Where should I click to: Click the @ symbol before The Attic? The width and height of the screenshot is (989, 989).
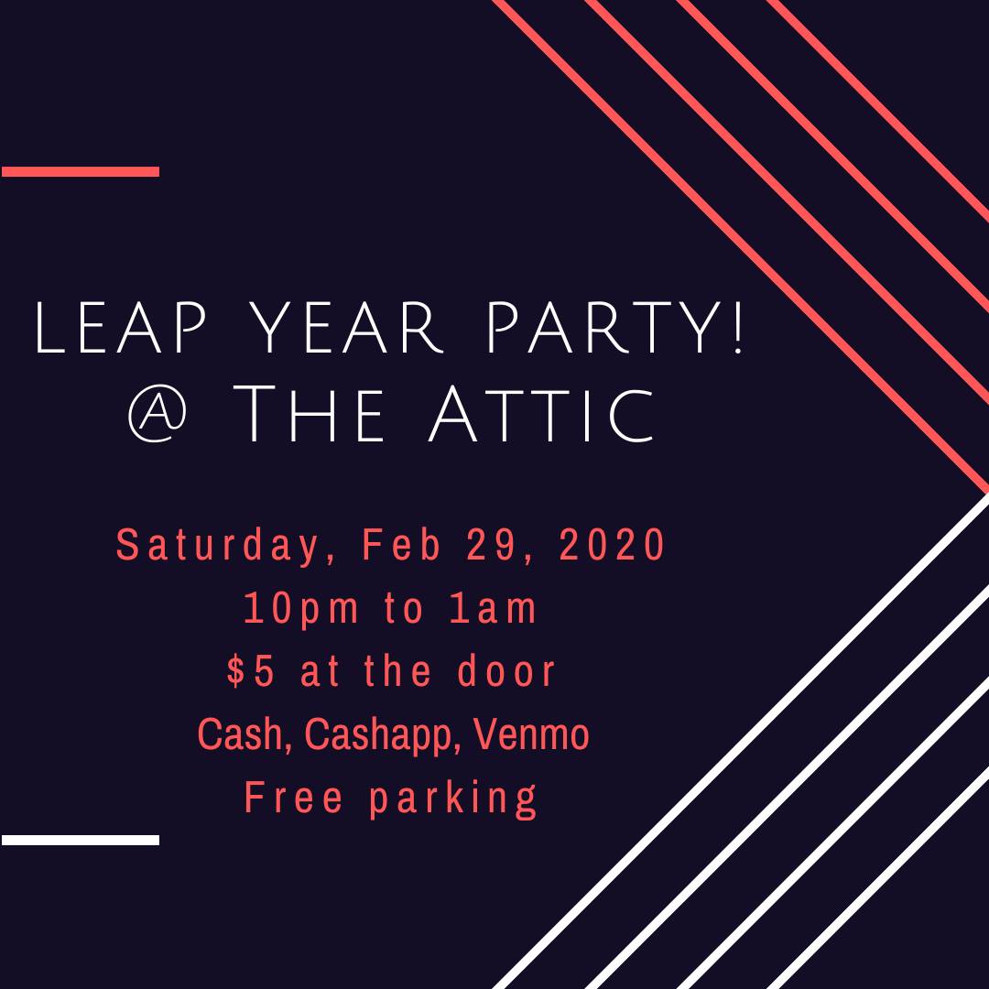tap(158, 415)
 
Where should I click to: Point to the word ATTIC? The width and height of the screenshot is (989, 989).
tap(541, 415)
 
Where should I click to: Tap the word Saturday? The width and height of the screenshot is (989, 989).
tap(219, 546)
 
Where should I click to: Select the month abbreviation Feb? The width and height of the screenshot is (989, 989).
tap(401, 544)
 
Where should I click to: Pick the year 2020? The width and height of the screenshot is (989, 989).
tap(612, 544)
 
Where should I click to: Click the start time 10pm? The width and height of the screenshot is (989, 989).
tap(301, 609)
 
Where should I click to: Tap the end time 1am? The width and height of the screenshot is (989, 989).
tap(493, 608)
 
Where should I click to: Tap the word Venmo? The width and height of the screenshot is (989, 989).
tap(531, 734)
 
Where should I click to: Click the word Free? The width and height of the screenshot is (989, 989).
tap(293, 797)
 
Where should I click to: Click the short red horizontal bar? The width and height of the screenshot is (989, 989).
tap(80, 171)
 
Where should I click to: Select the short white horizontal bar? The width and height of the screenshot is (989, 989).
tap(80, 840)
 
